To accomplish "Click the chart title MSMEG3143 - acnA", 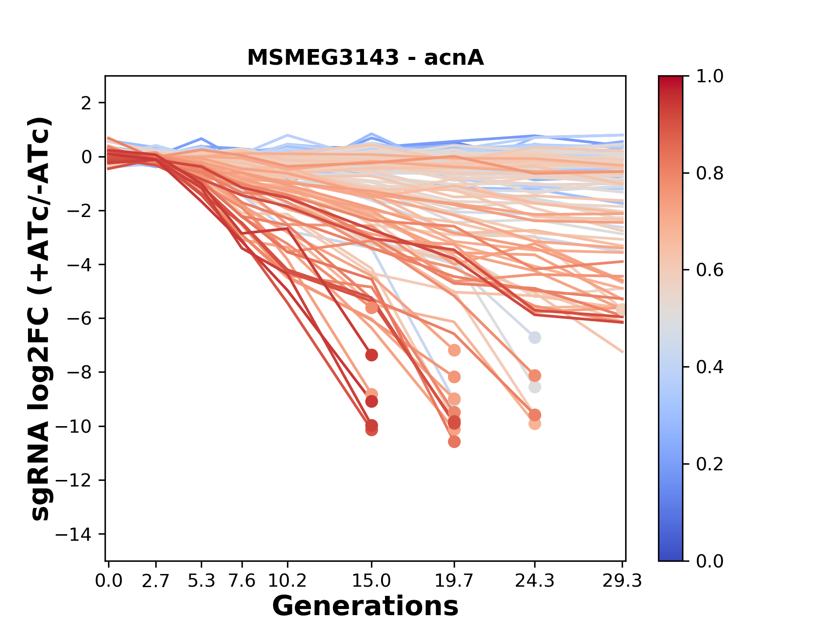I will [x=365, y=58].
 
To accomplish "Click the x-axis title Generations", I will [x=365, y=606].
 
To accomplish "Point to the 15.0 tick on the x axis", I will [x=371, y=581].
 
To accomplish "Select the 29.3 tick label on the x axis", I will [x=622, y=581].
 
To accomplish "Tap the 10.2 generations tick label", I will [x=287, y=581].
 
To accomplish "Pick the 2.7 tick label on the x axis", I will [x=156, y=581].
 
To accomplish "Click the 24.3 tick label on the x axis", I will [x=534, y=581].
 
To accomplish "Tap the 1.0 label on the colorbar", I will [x=710, y=77].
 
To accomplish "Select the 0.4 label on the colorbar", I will [x=710, y=367].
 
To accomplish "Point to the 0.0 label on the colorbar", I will [x=710, y=561].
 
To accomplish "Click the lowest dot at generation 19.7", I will [x=454, y=442].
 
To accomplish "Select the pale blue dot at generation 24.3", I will [x=534, y=338].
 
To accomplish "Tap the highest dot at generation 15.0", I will [x=371, y=308].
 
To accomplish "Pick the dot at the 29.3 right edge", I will [x=621, y=310].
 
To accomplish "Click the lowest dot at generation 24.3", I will [x=534, y=423].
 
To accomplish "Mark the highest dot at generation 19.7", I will [x=454, y=350].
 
